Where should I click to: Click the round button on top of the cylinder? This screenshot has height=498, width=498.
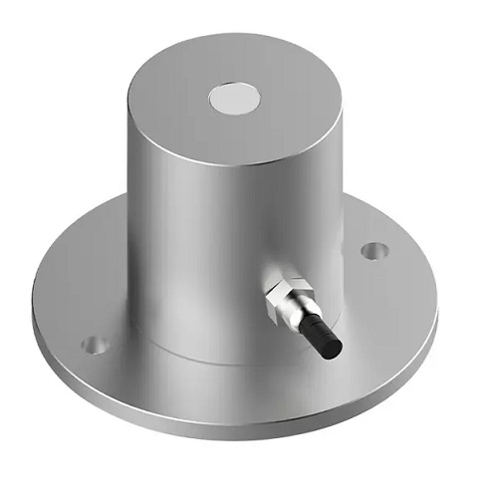[235, 100]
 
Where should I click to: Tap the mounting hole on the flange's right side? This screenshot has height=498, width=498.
[373, 248]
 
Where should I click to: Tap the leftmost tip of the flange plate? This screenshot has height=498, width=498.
[33, 299]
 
